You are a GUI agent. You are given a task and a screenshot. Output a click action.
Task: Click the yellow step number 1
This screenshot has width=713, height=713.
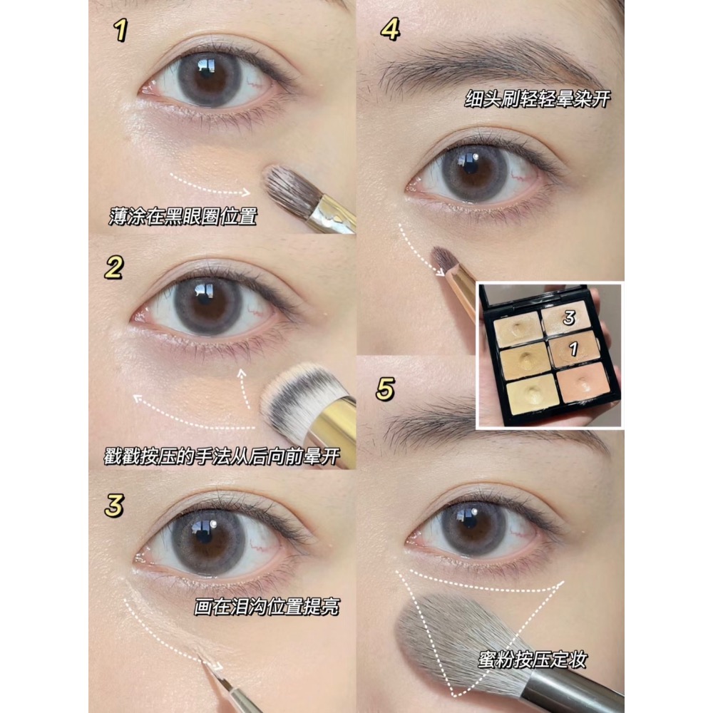pos(120,31)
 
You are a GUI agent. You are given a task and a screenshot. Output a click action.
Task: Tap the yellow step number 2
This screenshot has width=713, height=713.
pos(113,267)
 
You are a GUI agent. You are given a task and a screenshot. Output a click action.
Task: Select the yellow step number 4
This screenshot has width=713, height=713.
pos(390,29)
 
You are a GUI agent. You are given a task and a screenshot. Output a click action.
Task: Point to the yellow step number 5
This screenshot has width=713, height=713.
pos(385,389)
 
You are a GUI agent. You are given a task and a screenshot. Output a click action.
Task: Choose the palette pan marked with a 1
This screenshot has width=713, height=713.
pos(573,349)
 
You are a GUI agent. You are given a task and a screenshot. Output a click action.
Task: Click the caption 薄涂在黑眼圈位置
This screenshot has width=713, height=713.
pos(183,217)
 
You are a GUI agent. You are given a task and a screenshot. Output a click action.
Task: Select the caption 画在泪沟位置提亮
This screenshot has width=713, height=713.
pos(267,607)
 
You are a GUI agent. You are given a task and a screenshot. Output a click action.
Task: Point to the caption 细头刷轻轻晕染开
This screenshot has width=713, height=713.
pos(537,98)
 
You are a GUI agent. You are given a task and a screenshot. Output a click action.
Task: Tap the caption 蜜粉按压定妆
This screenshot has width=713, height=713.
pos(533,660)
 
